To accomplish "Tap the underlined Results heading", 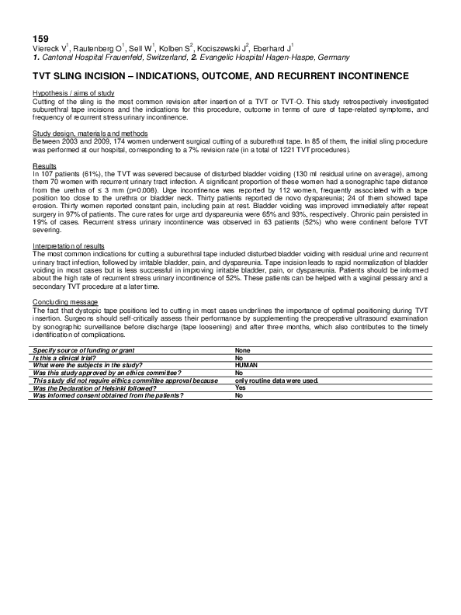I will [43, 166].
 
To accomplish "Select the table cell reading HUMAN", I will [246, 364].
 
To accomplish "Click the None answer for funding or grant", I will [243, 351].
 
